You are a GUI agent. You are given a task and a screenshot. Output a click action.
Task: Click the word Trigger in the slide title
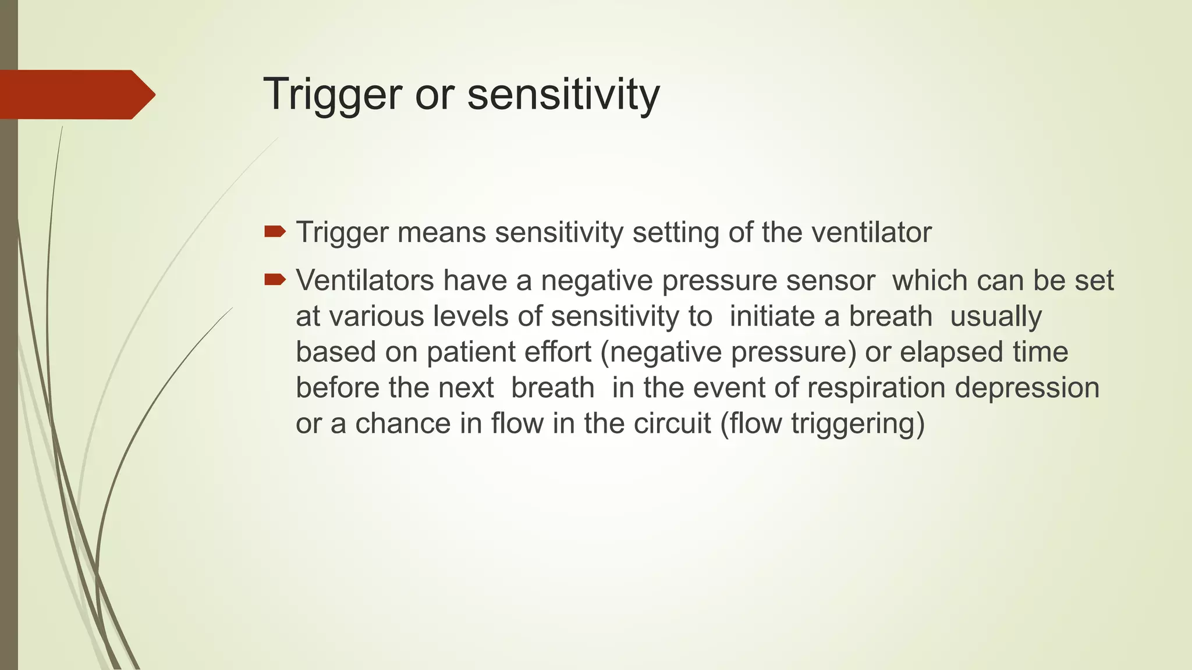(332, 94)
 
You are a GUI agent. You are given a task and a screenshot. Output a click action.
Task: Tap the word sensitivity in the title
(563, 94)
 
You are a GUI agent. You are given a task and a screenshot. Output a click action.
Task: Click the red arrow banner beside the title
(76, 94)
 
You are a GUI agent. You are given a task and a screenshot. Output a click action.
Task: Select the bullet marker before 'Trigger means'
(274, 233)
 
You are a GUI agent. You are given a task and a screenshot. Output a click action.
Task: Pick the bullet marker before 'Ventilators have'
(274, 280)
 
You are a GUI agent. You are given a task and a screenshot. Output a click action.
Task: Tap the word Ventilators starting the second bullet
(365, 280)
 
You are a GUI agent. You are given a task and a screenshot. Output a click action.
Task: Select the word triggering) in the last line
(858, 423)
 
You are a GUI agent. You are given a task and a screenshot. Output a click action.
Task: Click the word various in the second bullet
(376, 316)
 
